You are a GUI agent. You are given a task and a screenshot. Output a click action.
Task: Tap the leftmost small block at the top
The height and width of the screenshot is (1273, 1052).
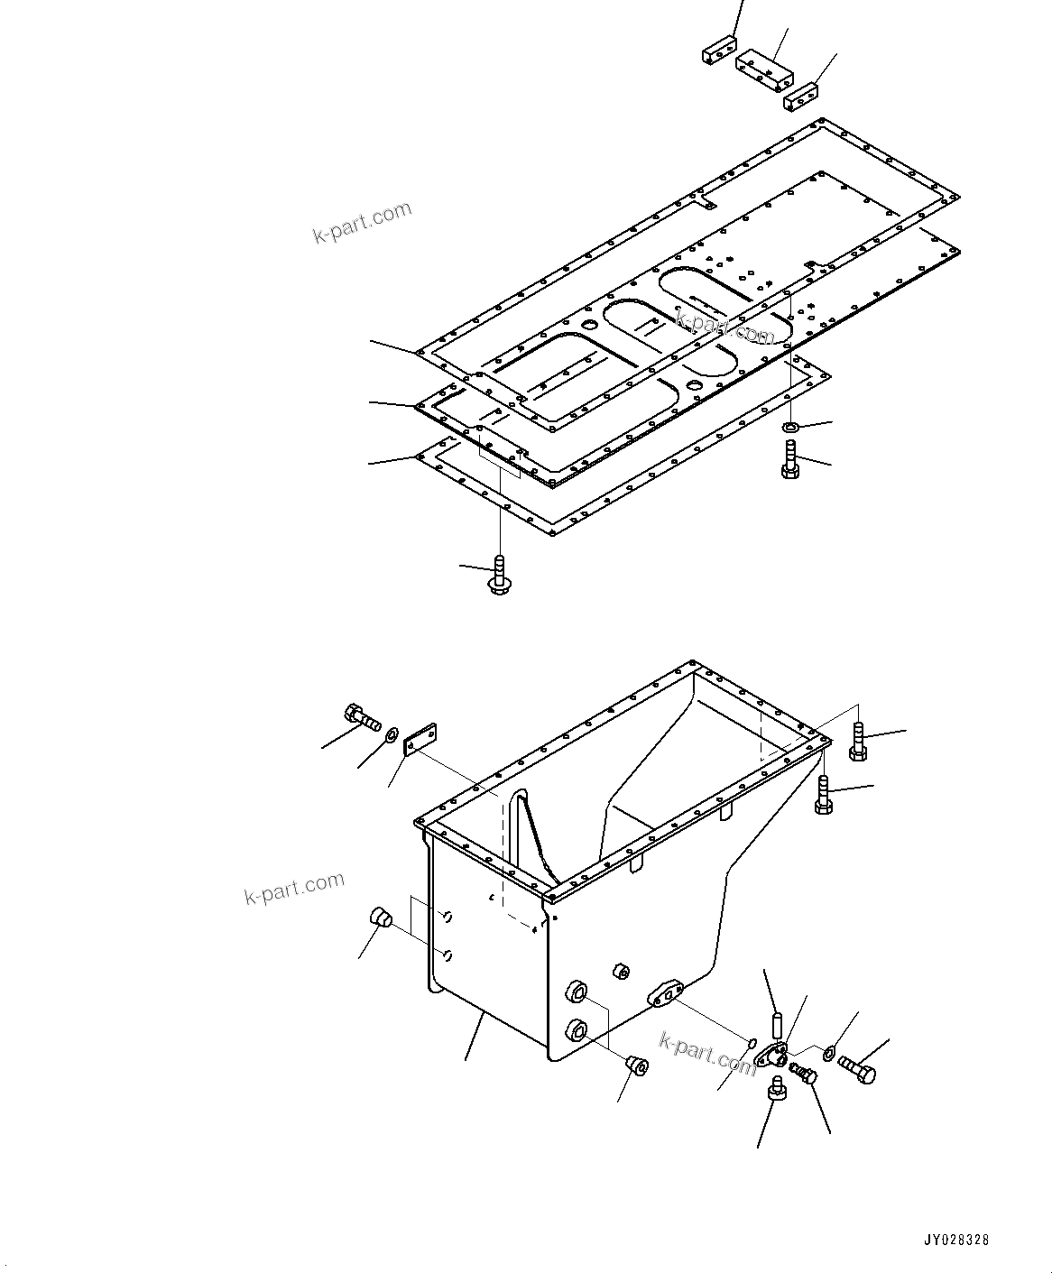719,51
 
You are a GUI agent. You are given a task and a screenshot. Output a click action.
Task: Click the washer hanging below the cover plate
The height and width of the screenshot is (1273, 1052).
789,427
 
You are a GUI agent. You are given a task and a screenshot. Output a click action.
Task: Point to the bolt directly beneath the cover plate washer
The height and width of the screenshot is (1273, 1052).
788,460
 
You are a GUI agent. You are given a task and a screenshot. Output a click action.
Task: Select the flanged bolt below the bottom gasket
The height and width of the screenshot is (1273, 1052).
498,577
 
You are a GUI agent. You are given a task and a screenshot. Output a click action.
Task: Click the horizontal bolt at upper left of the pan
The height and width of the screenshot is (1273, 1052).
362,719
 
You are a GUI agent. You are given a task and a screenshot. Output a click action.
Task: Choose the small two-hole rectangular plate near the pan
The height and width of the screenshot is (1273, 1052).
420,740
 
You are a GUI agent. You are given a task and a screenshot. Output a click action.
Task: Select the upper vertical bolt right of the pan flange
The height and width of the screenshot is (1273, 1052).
858,742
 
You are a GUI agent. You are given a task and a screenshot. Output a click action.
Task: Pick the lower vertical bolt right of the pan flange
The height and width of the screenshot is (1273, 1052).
822,795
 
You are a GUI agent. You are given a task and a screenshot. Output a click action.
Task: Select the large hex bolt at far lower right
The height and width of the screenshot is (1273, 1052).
857,1069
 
